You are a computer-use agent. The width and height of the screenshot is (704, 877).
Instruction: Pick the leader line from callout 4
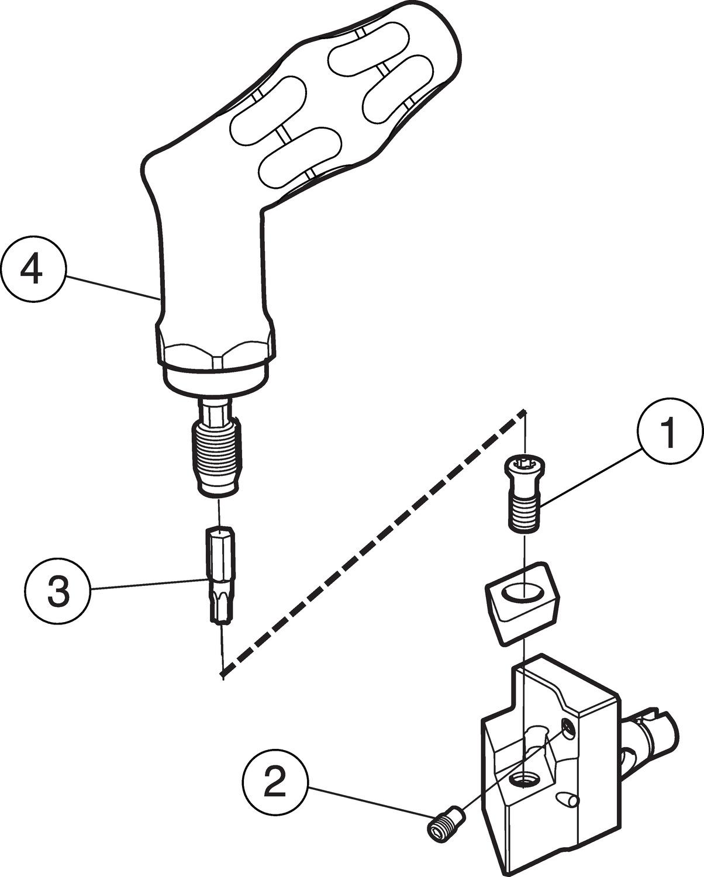click(111, 286)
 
